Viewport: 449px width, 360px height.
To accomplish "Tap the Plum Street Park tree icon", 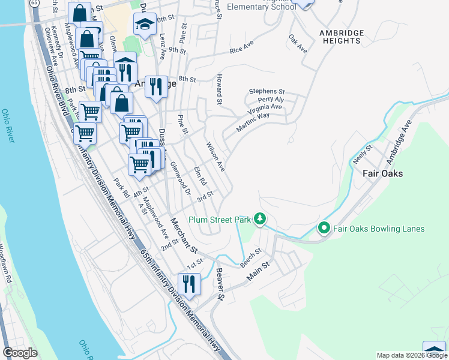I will coord(259,218).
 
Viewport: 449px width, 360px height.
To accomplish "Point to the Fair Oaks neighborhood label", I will coord(382,173).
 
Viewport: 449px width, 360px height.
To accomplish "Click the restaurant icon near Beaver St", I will coord(190,284).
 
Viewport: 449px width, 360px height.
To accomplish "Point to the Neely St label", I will coord(363,155).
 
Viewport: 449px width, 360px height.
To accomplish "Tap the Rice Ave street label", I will coord(242,47).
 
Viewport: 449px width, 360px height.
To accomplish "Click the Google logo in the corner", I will coord(20,353).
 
